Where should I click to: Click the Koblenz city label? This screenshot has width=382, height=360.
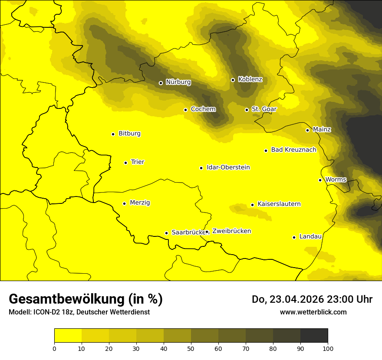click(250, 79)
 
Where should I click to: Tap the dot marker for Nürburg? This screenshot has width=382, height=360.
click(161, 82)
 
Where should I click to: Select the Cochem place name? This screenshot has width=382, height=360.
click(203, 109)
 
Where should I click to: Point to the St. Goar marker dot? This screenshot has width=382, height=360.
click(247, 110)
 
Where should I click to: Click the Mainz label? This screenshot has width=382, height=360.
click(322, 130)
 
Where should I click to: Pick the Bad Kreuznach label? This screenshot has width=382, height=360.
click(293, 150)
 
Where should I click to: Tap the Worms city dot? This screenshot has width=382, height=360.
click(320, 180)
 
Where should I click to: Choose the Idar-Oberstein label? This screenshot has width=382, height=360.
click(228, 167)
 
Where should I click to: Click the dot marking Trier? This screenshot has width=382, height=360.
click(125, 163)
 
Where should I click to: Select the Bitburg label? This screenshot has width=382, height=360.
click(129, 134)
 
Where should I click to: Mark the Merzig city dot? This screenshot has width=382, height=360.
click(124, 203)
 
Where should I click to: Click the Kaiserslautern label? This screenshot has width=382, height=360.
click(279, 204)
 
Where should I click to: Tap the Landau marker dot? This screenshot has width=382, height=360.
click(294, 237)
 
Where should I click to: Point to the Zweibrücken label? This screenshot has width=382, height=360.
click(231, 231)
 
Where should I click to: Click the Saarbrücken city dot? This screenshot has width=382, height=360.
click(166, 233)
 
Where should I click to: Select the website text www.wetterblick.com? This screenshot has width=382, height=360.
click(313, 312)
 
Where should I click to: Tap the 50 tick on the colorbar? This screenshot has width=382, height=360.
click(191, 348)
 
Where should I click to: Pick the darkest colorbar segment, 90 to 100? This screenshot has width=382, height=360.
click(314, 335)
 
